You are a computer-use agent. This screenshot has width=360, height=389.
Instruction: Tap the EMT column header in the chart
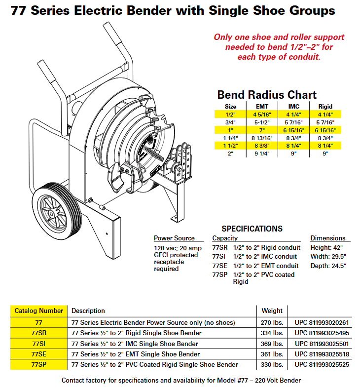coord(262,107)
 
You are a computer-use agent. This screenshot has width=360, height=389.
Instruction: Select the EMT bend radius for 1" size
coord(262,130)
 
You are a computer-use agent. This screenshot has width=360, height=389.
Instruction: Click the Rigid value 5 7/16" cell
coord(325,122)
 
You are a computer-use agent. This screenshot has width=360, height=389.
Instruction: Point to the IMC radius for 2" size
coord(293,154)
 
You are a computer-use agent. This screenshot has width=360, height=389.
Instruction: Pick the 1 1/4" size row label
coord(230,138)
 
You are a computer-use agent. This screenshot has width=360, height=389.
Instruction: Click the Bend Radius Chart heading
coord(267,95)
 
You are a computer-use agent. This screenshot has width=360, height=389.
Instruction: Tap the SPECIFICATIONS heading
coord(252,229)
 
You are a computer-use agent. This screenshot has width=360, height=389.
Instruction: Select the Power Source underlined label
coord(174,238)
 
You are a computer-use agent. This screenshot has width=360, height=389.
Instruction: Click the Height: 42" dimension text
coord(326,248)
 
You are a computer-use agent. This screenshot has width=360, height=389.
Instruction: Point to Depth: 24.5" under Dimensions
coord(328,266)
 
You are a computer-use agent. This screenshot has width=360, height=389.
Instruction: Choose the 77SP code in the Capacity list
coord(219,274)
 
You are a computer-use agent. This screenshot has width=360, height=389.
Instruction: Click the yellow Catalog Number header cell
coord(38,311)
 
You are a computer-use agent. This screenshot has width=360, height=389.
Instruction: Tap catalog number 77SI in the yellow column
coord(38,344)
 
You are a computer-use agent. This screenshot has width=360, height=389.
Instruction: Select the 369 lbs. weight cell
coord(272,344)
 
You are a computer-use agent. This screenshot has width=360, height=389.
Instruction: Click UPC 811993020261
coord(322,322)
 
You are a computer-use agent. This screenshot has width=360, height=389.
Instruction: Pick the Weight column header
coord(272,311)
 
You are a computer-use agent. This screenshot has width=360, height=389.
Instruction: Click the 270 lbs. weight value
coord(272,322)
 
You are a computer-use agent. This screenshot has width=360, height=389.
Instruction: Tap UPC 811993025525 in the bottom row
coord(322,364)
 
